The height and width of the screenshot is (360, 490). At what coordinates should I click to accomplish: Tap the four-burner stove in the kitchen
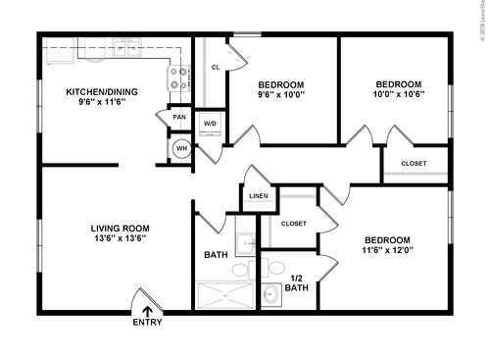click(x=179, y=77)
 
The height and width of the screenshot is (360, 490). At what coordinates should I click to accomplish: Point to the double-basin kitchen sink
click(x=127, y=45)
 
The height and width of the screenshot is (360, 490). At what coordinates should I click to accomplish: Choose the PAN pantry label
click(x=179, y=118)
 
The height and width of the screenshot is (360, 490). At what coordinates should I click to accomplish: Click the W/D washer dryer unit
click(x=210, y=124)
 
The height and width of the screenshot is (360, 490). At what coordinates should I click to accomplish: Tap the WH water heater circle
click(x=180, y=149)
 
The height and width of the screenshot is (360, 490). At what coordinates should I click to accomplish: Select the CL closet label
click(x=214, y=68)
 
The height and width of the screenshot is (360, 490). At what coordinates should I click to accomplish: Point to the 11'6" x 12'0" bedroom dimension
click(x=387, y=251)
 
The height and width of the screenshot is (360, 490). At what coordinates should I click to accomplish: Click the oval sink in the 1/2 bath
click(x=271, y=294)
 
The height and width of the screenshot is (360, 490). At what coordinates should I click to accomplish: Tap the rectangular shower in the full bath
click(x=223, y=294)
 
